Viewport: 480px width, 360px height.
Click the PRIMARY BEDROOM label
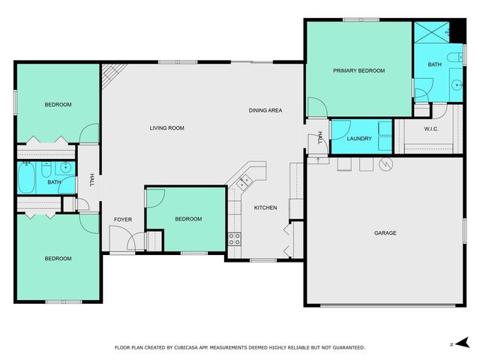[358, 70]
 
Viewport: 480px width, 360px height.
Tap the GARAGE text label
[385, 233]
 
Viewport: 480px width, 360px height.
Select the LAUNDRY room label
[358, 139]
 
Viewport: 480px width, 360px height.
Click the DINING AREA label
[265, 111]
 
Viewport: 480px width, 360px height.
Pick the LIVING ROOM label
[166, 128]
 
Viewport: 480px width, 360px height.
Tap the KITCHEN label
[265, 208]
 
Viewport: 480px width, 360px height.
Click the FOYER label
[123, 219]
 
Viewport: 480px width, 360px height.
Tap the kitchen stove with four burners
[234, 240]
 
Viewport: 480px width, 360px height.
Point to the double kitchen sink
[244, 181]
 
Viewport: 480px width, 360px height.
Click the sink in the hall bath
[66, 168]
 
